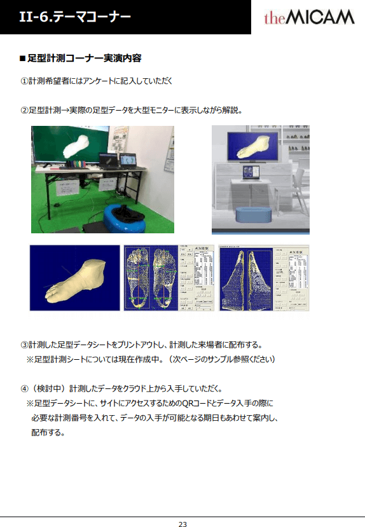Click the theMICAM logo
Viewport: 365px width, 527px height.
pos(309,17)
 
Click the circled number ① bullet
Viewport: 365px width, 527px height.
pos(24,81)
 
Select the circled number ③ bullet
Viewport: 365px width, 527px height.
pos(24,345)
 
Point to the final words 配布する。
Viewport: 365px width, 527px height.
pos(48,433)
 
